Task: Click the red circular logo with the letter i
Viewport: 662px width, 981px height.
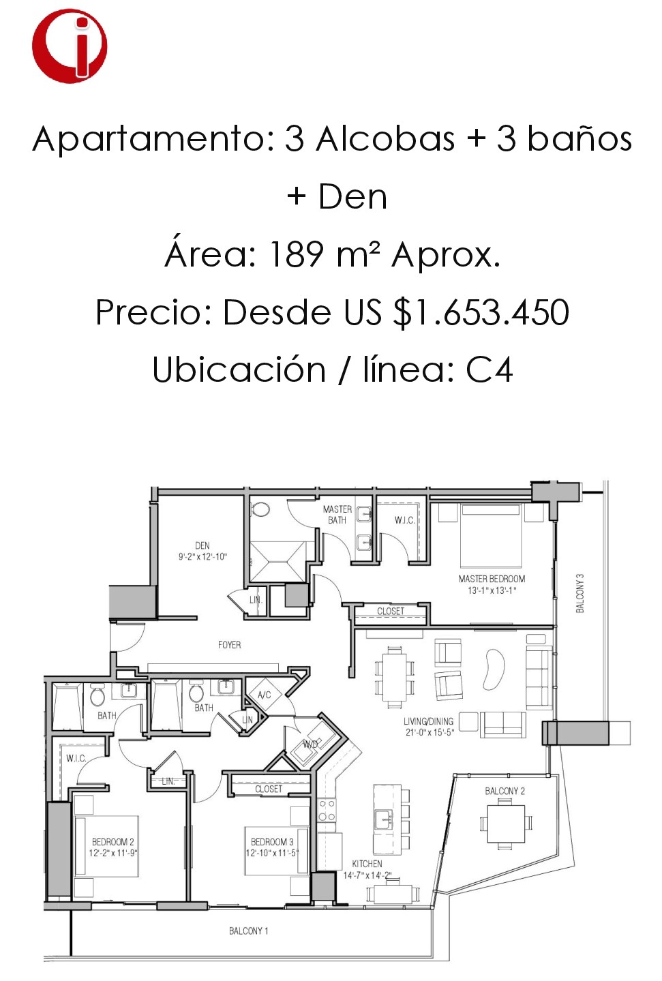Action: pos(70,45)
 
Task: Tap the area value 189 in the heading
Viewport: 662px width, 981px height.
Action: pos(297,254)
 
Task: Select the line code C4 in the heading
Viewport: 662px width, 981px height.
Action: pos(489,369)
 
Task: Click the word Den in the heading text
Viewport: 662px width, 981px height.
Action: pos(352,197)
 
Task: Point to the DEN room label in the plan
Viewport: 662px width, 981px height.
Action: pos(202,545)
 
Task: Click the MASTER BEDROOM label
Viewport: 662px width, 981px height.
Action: pos(492,579)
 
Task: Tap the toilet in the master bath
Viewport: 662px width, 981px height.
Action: pos(260,510)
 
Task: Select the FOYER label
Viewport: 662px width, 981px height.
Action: pos(229,645)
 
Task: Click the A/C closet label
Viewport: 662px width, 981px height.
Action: pos(265,695)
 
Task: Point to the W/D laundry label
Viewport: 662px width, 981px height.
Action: pos(311,744)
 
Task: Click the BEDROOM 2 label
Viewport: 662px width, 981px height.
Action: pos(113,842)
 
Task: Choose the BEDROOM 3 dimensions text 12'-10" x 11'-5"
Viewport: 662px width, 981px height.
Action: pos(273,853)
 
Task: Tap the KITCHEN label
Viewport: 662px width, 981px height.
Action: pos(367,864)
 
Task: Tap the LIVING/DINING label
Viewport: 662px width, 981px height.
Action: pos(428,721)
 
